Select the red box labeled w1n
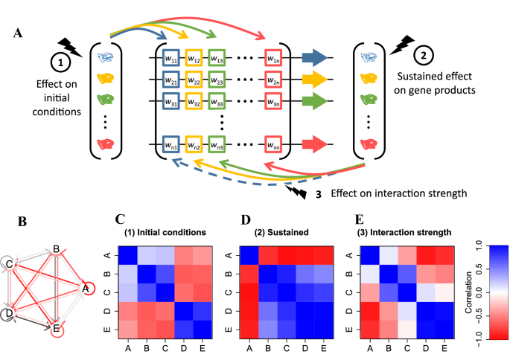click(x=275, y=57)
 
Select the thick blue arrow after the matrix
click(x=315, y=57)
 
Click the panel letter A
click(x=16, y=34)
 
